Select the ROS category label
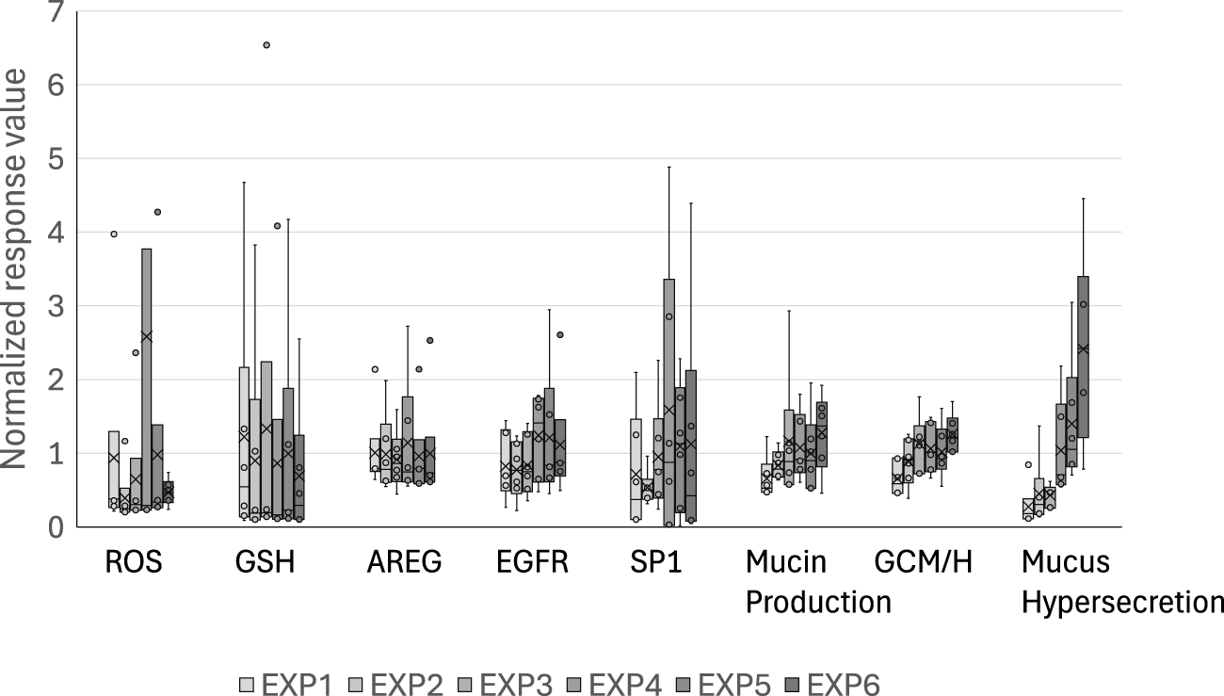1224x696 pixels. coord(133,563)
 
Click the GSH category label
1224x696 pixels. coord(265,563)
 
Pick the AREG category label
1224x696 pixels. coord(404,563)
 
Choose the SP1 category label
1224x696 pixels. coord(656,563)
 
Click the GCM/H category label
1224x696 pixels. coord(923,563)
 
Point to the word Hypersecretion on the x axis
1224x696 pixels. coord(1121,602)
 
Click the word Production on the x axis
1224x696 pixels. coord(818,602)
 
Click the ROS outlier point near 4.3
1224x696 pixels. coord(157,212)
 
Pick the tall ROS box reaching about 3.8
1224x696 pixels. coord(147,377)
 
